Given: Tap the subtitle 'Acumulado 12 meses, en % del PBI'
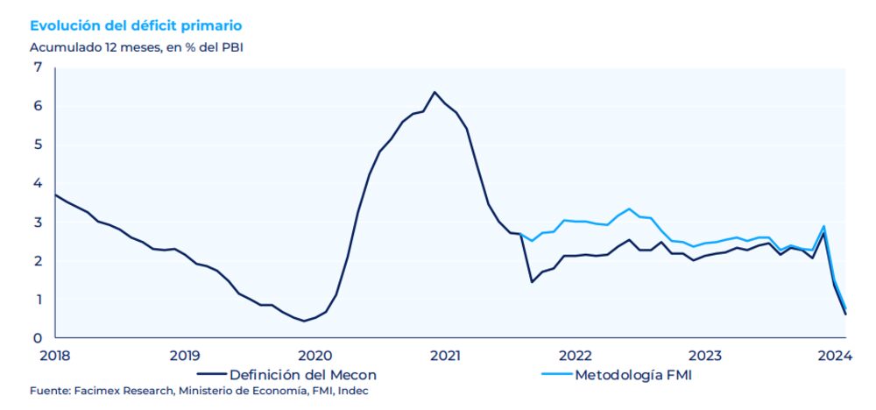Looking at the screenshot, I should click(x=136, y=47).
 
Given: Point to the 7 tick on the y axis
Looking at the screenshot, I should click(x=38, y=67).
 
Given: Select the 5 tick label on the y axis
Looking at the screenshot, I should click(x=38, y=145).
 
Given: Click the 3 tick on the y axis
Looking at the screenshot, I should click(x=38, y=223).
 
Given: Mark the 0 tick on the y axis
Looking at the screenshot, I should click(x=38, y=338).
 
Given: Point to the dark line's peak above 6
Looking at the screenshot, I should click(x=434, y=92).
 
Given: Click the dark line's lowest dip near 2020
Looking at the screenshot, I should click(x=304, y=321).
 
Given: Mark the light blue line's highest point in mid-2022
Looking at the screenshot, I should click(x=629, y=209).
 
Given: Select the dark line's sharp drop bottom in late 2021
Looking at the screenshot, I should click(x=532, y=281).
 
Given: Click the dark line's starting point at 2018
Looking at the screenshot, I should click(x=55, y=194).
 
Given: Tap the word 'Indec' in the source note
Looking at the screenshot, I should click(x=353, y=391).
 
